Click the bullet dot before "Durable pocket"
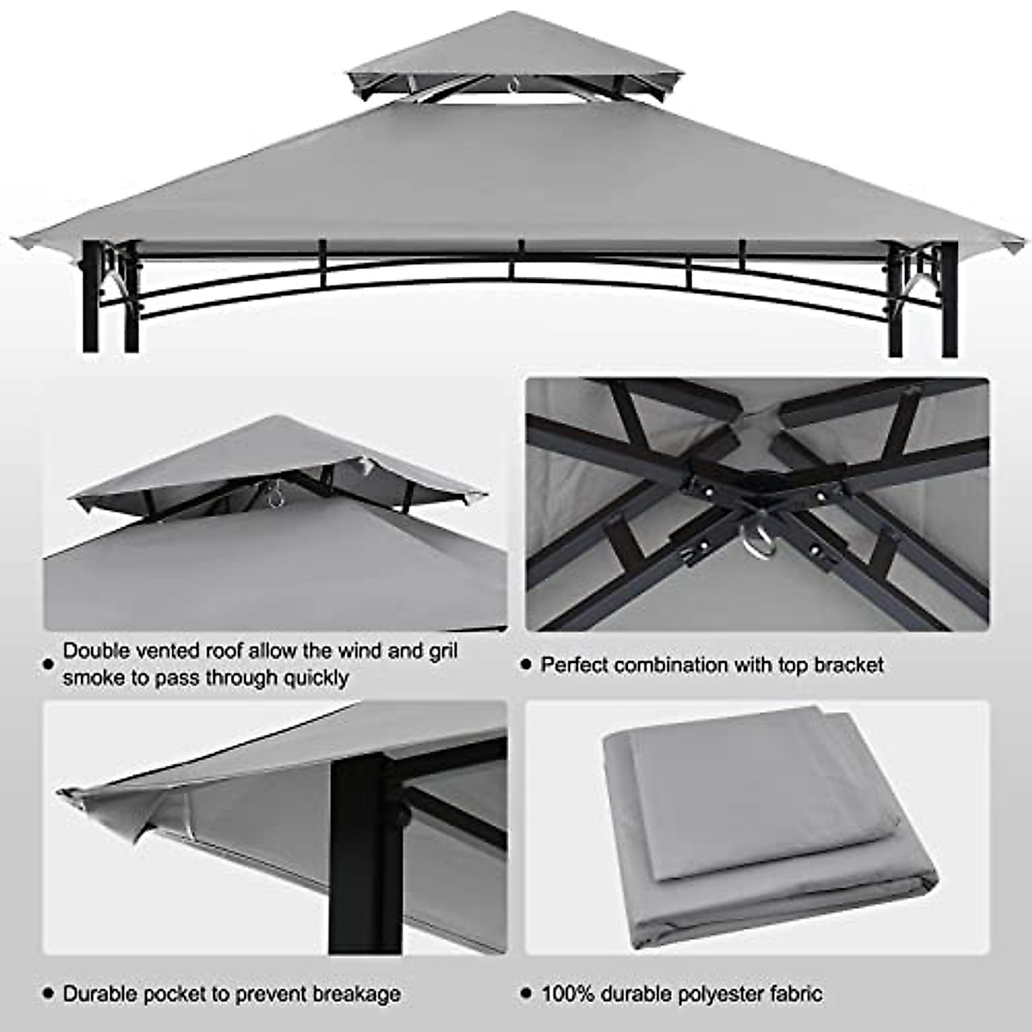(48, 995)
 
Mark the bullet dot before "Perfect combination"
(526, 666)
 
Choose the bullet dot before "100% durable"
(526, 995)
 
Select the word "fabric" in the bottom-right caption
(793, 994)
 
